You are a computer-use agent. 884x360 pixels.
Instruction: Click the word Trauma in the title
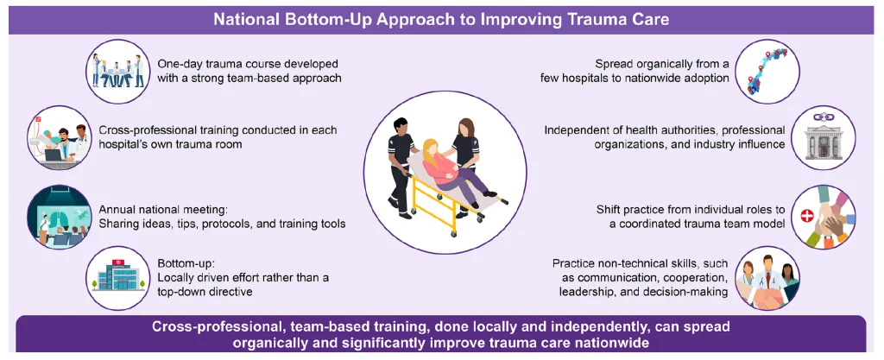pyautogui.click(x=552, y=17)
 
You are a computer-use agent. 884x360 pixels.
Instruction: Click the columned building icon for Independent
pyautogui.click(x=823, y=136)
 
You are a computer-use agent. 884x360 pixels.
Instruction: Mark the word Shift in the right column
pyautogui.click(x=611, y=208)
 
